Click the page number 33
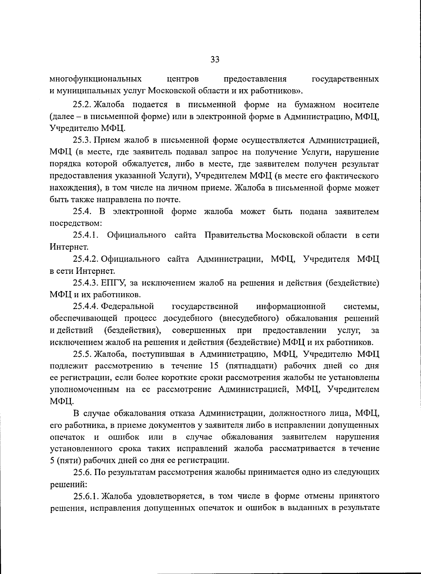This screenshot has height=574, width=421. [x=215, y=59]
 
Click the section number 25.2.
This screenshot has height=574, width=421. [x=82, y=105]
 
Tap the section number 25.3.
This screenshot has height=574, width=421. [x=82, y=140]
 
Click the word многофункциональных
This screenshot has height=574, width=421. [x=96, y=79]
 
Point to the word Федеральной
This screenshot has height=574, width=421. [x=128, y=306]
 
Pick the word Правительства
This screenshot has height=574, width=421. [x=234, y=235]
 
